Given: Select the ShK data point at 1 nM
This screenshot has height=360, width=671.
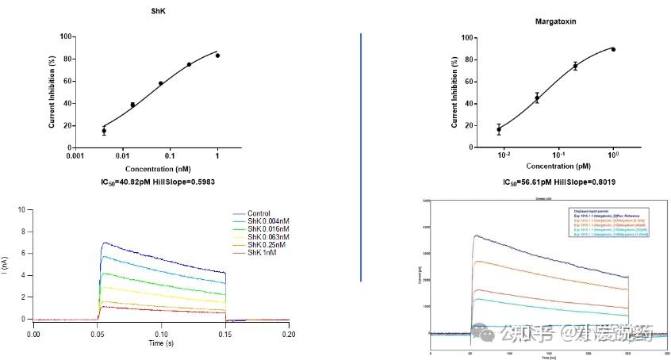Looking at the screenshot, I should click(x=217, y=56).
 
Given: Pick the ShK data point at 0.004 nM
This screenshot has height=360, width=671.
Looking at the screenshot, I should click(x=104, y=131).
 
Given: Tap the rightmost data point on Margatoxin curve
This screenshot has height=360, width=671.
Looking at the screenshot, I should click(x=613, y=49).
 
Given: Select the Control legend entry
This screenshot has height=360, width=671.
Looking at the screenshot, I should click(x=259, y=213).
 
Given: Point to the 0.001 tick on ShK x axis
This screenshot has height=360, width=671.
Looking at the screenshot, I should click(x=75, y=157).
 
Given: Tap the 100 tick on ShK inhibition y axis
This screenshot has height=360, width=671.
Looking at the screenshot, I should click(x=67, y=36).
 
